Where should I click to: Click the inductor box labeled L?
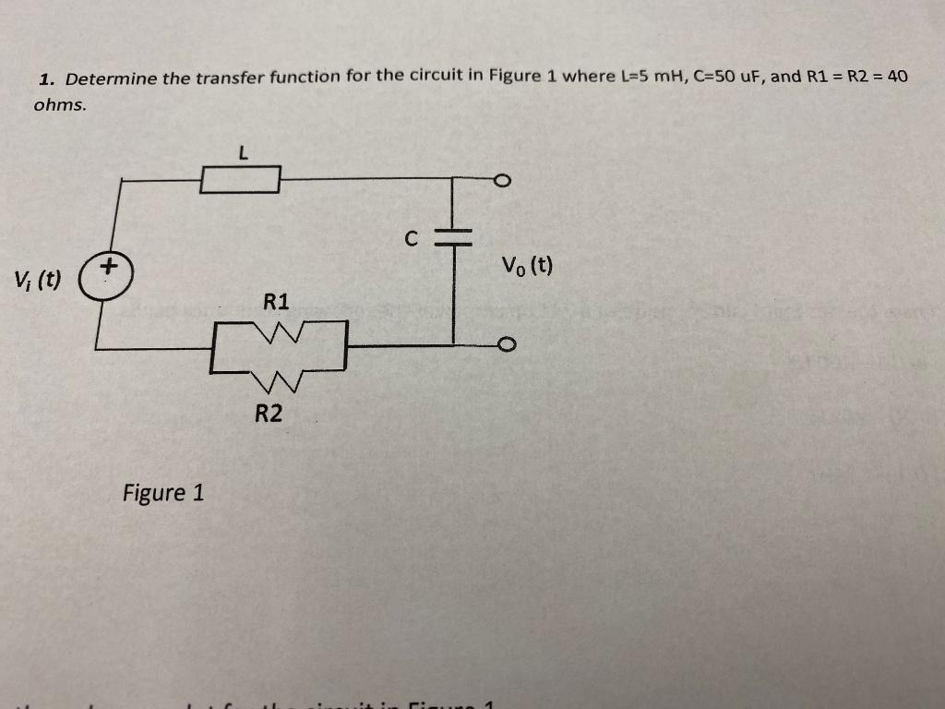(x=241, y=180)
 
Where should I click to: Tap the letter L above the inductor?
(x=242, y=154)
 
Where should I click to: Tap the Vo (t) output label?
(x=527, y=267)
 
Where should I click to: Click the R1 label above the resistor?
(x=276, y=301)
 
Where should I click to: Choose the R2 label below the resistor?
(x=269, y=414)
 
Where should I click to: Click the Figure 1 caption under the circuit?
(x=163, y=492)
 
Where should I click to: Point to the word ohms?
(x=60, y=104)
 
